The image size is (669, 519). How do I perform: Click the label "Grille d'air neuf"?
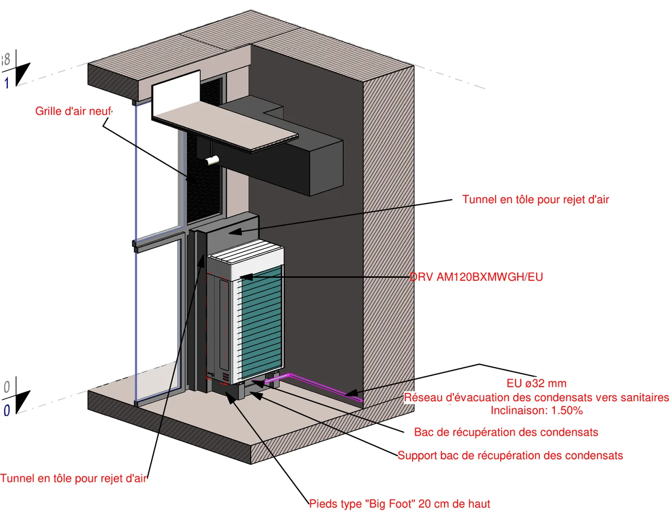click(x=73, y=111)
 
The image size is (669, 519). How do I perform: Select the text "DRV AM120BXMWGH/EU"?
click(x=476, y=277)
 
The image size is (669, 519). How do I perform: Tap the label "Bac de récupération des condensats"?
click(x=506, y=432)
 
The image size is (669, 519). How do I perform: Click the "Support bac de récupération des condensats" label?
click(x=510, y=455)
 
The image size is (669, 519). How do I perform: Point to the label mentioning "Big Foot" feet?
click(x=400, y=504)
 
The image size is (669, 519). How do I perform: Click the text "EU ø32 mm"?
click(x=536, y=383)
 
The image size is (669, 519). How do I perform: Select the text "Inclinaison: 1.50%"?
click(x=536, y=410)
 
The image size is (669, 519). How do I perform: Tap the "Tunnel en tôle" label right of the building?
click(x=536, y=200)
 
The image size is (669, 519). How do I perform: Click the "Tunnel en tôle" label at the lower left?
click(x=73, y=478)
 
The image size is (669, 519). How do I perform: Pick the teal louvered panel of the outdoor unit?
click(x=262, y=323)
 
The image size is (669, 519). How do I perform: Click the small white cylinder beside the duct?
click(x=212, y=160)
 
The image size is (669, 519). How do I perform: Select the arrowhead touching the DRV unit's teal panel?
click(x=247, y=277)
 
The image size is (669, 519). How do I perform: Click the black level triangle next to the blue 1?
click(x=23, y=74)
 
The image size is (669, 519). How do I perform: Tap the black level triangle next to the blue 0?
click(x=23, y=402)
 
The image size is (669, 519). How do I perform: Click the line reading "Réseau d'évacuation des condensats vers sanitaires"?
click(x=536, y=397)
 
